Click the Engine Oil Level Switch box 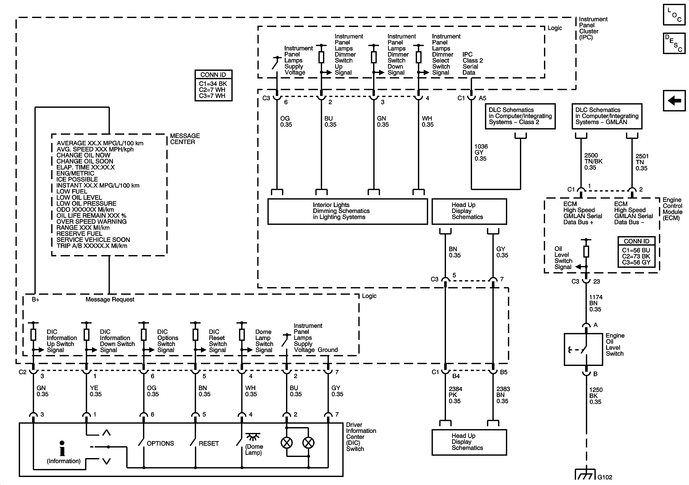[583, 349]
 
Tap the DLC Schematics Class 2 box [520, 116]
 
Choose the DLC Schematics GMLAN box [606, 116]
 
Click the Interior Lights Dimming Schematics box [347, 211]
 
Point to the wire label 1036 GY [481, 152]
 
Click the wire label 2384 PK [455, 395]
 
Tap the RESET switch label [209, 443]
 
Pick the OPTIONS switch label [160, 443]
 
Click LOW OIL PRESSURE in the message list [86, 203]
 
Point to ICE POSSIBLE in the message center [77, 179]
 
